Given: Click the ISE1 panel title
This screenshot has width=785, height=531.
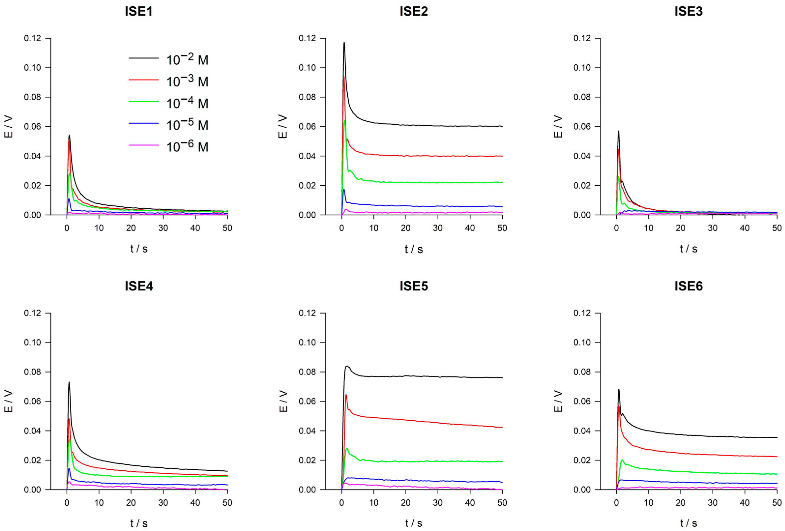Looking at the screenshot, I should [x=139, y=12].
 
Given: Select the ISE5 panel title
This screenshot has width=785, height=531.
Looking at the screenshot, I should [x=414, y=286].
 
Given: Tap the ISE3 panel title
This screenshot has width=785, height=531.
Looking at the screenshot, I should [x=688, y=12].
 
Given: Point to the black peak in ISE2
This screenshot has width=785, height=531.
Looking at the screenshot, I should [x=344, y=43].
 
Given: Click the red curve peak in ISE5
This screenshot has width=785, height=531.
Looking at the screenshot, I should [x=346, y=395].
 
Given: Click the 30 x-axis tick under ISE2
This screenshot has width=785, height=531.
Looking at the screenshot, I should [x=438, y=228].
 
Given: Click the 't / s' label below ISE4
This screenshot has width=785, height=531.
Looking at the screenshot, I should [x=139, y=523].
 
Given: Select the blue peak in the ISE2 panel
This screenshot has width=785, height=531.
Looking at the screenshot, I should [x=344, y=189].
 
